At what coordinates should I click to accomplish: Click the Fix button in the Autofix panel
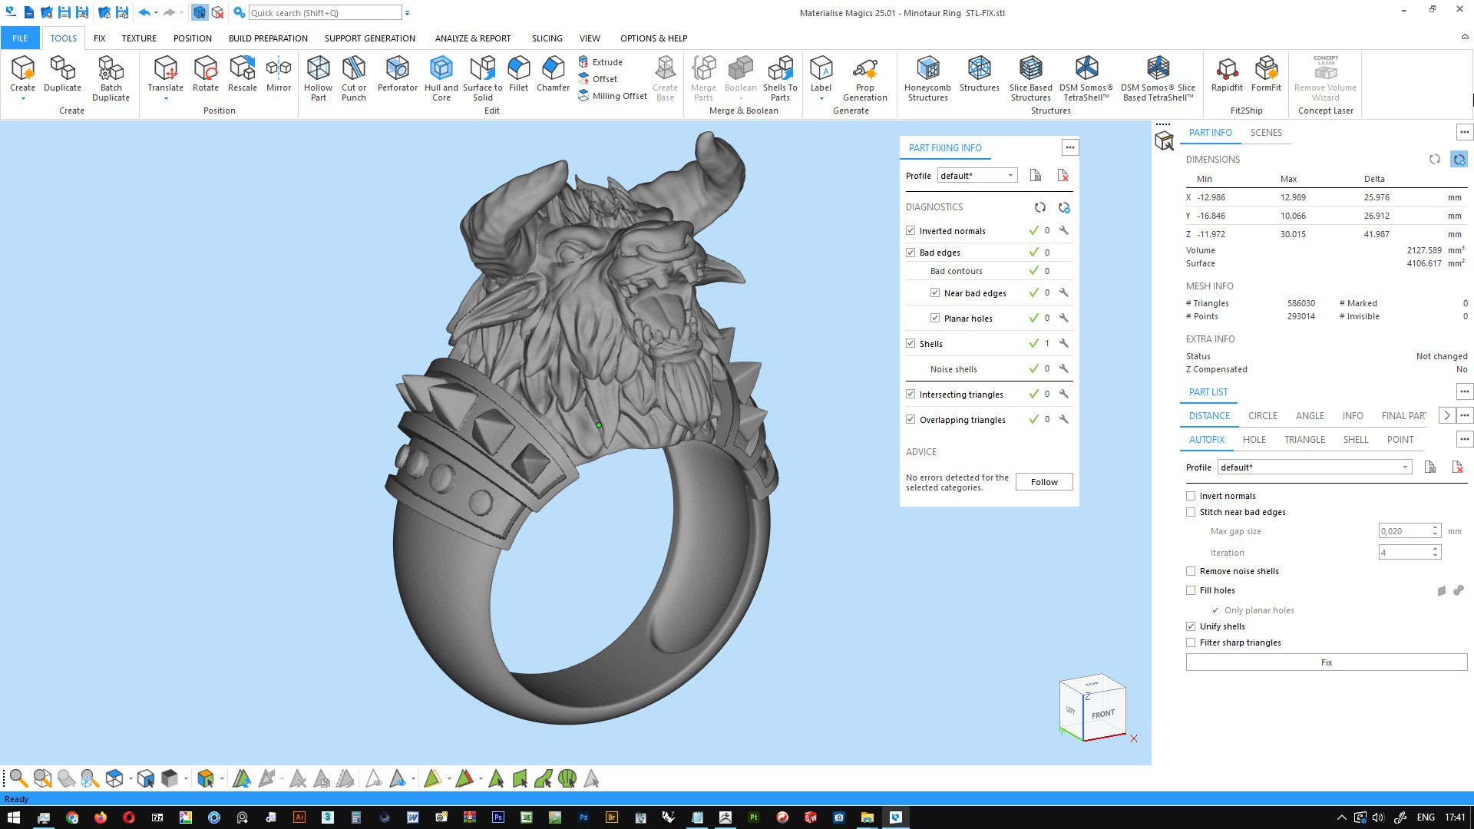(x=1326, y=662)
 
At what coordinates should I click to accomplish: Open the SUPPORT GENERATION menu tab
(x=369, y=38)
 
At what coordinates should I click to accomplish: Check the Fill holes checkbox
(x=1191, y=590)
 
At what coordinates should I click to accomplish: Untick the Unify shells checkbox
(x=1191, y=626)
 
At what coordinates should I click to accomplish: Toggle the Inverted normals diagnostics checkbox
(x=911, y=230)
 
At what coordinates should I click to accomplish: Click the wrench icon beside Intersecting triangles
(x=1064, y=394)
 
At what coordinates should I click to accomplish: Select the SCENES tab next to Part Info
(x=1266, y=133)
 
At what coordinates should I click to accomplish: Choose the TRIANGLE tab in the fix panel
(x=1304, y=440)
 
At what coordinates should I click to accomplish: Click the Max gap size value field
(x=1403, y=531)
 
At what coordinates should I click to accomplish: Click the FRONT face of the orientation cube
(x=1103, y=714)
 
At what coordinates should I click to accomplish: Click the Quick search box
(x=324, y=13)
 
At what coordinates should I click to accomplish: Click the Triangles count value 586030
(x=1300, y=303)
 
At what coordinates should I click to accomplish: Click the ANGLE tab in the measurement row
(x=1310, y=416)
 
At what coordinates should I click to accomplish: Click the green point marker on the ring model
(x=599, y=424)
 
